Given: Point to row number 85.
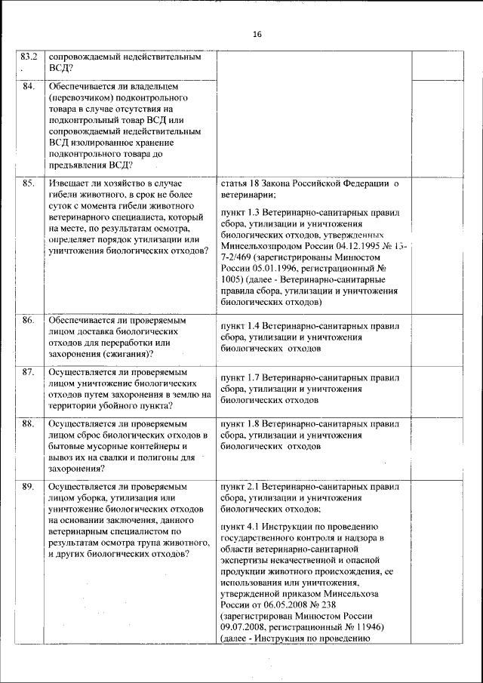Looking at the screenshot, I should tap(29, 183).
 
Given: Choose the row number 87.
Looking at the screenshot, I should tap(29, 372).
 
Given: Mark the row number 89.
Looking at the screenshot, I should tap(29, 487).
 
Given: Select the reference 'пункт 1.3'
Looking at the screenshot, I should tap(240, 213).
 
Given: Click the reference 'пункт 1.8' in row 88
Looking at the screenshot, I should tap(240, 424).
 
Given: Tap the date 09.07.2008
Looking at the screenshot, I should tap(245, 626).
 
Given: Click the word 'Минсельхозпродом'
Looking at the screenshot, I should tap(263, 245).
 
